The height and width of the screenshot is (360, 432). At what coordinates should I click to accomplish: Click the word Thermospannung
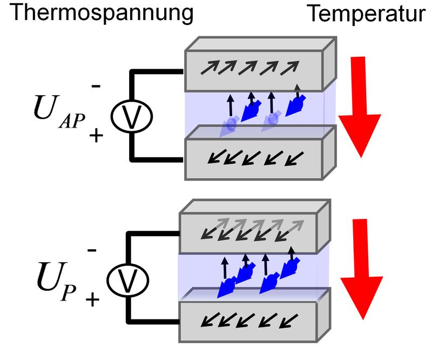coord(102,13)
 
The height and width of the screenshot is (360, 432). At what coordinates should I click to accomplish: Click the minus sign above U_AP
coord(97,86)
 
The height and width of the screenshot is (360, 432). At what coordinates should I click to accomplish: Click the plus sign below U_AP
coord(96,136)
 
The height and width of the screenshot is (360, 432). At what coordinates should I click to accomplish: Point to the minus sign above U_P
coord(92,250)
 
